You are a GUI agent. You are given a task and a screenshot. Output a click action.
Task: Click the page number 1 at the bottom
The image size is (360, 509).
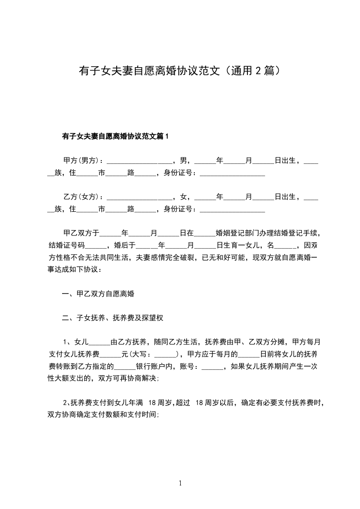pyautogui.click(x=180, y=483)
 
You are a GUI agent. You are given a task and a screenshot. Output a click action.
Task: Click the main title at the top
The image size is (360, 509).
pyautogui.click(x=179, y=71)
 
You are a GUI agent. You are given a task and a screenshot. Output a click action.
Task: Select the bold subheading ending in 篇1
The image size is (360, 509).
pyautogui.click(x=115, y=136)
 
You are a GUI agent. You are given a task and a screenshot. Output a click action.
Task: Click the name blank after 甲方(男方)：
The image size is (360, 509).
pyautogui.click(x=140, y=162)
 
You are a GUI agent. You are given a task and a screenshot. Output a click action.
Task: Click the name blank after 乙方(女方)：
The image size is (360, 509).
pyautogui.click(x=140, y=198)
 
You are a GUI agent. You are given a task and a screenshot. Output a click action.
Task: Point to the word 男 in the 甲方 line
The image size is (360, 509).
pyautogui.click(x=183, y=161)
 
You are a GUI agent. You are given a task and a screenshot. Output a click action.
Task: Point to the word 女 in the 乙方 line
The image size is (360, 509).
pyautogui.click(x=183, y=197)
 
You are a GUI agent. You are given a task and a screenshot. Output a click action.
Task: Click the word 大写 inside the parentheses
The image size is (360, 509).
pyautogui.click(x=142, y=354)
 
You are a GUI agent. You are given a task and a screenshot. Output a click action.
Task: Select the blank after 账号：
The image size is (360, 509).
pyautogui.click(x=212, y=367)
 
